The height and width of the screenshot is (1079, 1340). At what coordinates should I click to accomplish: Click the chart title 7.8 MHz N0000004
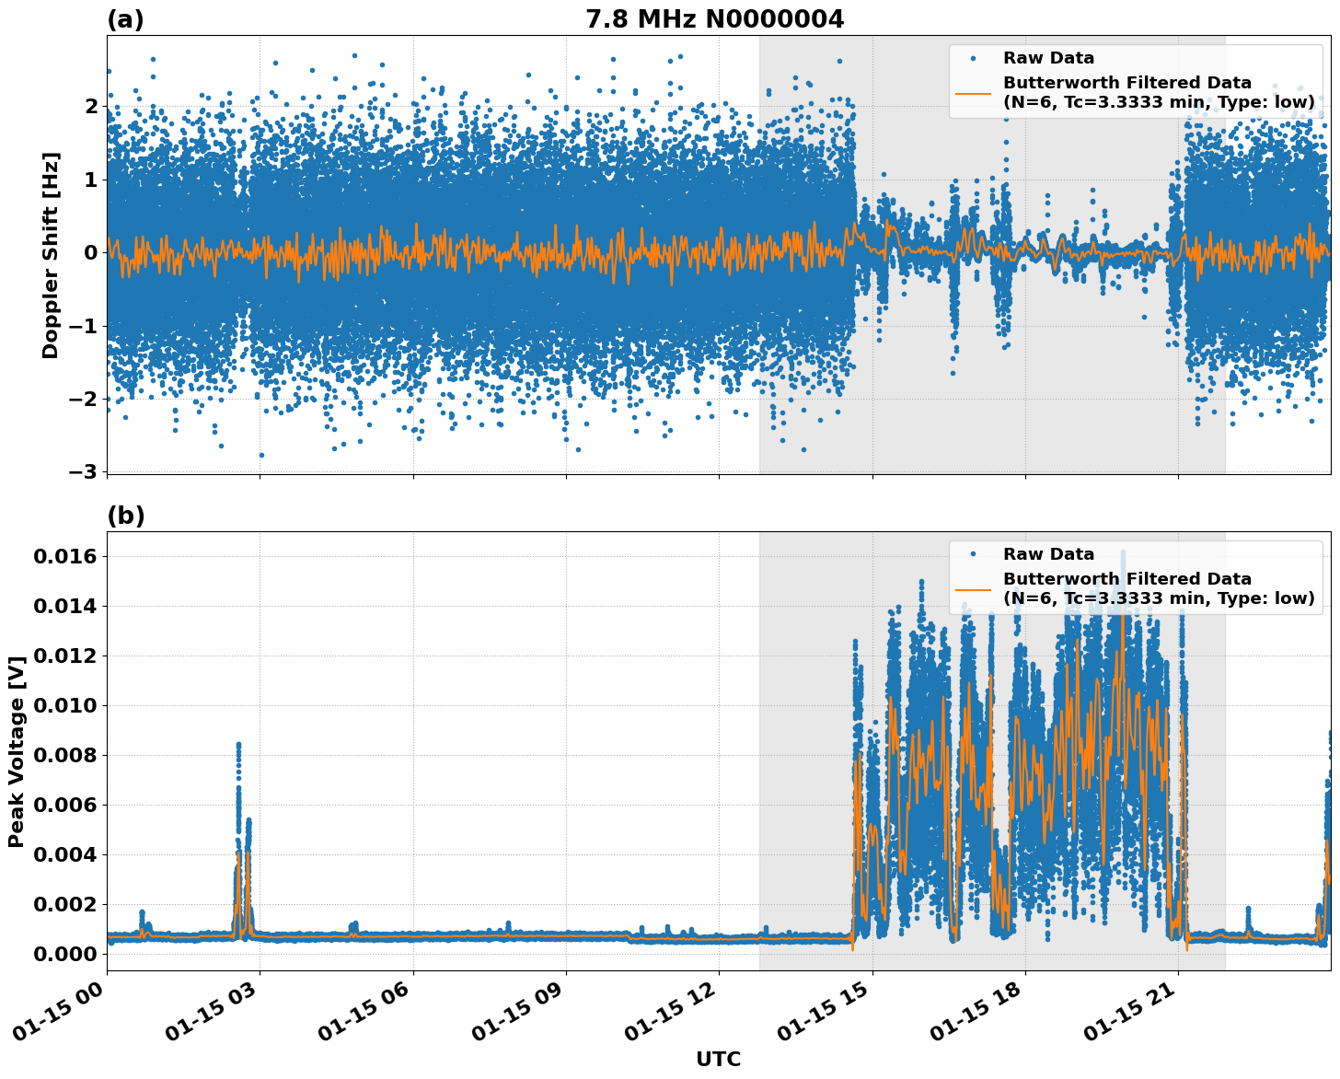pyautogui.click(x=714, y=19)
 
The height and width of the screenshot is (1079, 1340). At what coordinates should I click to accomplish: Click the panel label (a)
pyautogui.click(x=125, y=19)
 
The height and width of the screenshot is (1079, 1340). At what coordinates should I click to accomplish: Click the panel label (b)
pyautogui.click(x=125, y=516)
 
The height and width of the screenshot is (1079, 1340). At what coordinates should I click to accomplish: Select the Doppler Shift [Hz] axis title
pyautogui.click(x=51, y=255)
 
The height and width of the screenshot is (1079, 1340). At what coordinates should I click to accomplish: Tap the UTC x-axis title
pyautogui.click(x=718, y=1059)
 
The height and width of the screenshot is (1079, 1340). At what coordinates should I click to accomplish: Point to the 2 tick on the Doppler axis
pyautogui.click(x=91, y=107)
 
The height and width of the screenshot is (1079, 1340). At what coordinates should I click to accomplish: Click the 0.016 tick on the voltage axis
pyautogui.click(x=64, y=557)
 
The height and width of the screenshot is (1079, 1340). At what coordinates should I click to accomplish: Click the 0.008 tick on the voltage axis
pyautogui.click(x=64, y=756)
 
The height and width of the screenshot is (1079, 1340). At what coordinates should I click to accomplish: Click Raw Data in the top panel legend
pyautogui.click(x=1048, y=58)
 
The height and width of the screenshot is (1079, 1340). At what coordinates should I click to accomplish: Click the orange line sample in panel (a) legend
pyautogui.click(x=973, y=92)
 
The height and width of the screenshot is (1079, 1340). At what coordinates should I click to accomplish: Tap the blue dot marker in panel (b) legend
pyautogui.click(x=973, y=554)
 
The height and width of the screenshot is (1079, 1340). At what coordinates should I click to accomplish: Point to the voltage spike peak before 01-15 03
pyautogui.click(x=238, y=744)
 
